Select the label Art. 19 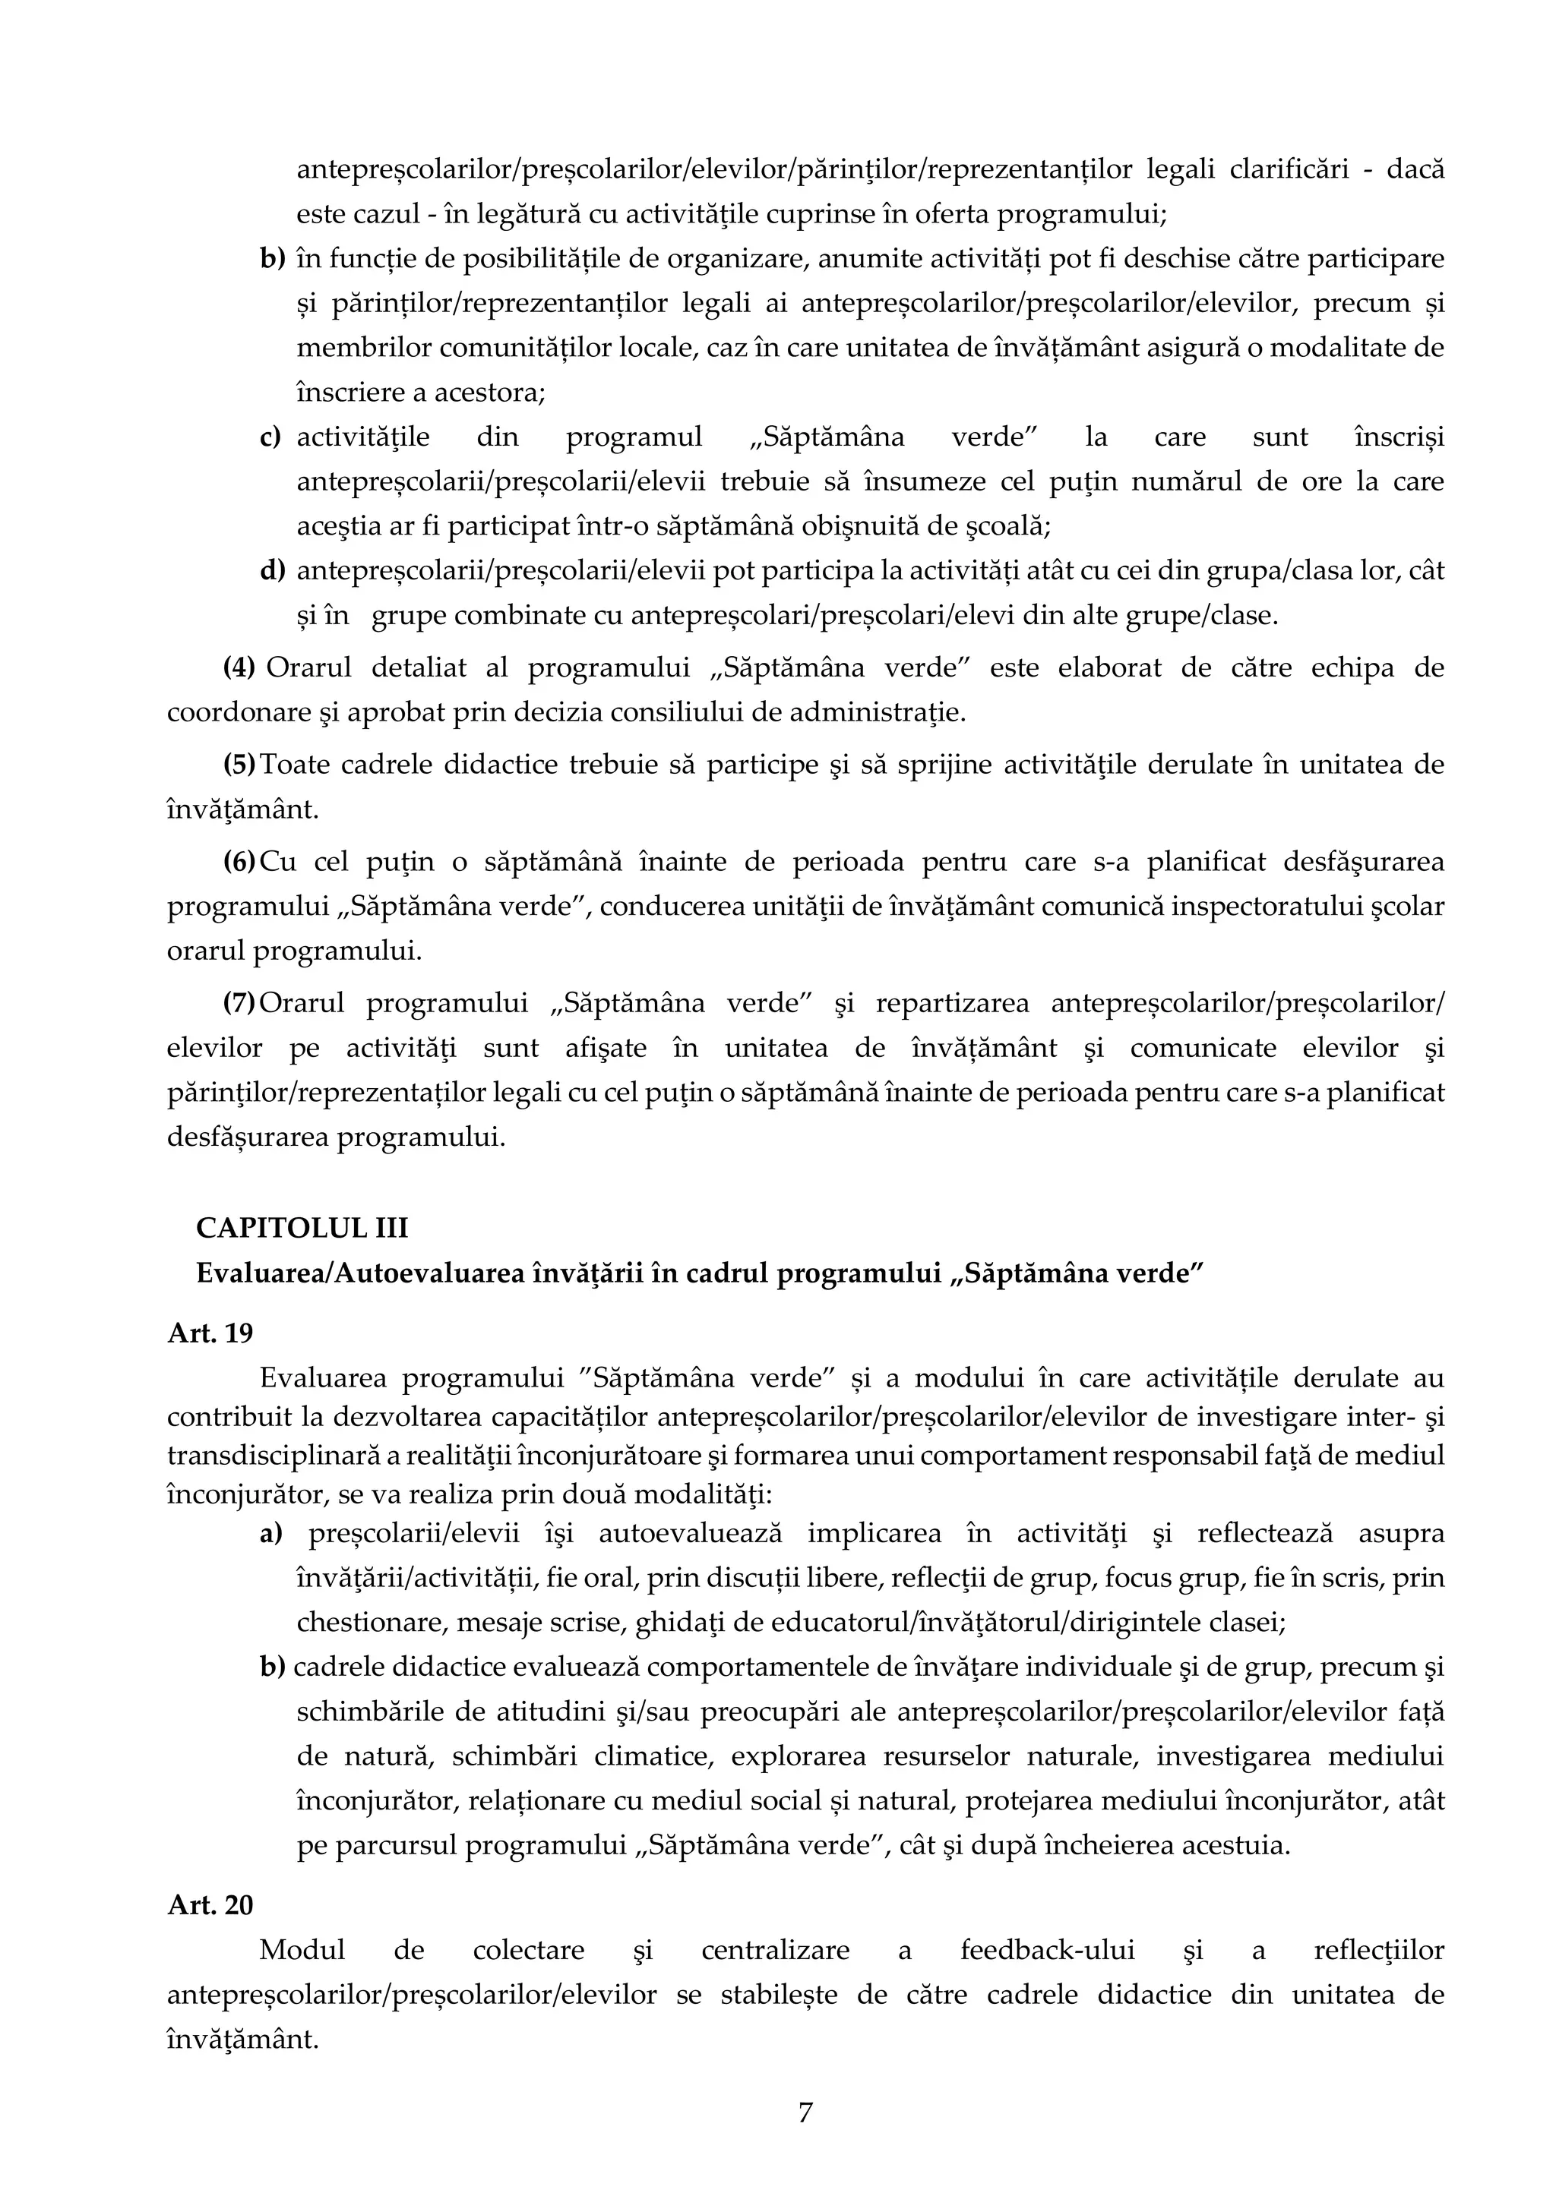click(x=210, y=1333)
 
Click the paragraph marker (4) click(x=239, y=667)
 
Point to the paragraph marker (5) click(x=239, y=765)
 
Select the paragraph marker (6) click(x=239, y=862)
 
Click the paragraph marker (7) click(x=239, y=1003)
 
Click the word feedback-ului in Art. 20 click(x=1047, y=1950)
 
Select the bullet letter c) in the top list click(x=271, y=437)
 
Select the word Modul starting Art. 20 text click(x=302, y=1950)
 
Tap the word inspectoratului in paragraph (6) click(x=1170, y=906)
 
